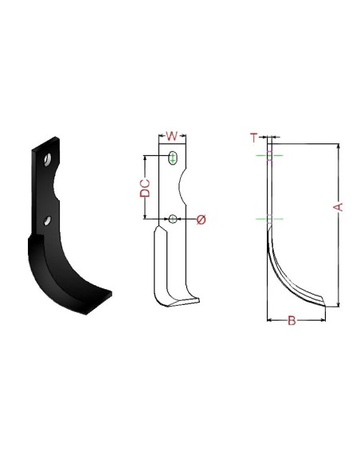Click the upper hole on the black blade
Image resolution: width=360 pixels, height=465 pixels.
click(49, 159)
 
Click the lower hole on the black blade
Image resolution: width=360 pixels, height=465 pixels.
click(49, 220)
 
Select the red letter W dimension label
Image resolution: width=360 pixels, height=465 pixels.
click(171, 135)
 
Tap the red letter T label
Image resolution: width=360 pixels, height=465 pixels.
click(254, 138)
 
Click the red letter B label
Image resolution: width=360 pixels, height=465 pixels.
click(292, 321)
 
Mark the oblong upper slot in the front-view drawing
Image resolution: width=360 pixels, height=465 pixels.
click(173, 158)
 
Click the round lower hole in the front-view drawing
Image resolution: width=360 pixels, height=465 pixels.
click(173, 219)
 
